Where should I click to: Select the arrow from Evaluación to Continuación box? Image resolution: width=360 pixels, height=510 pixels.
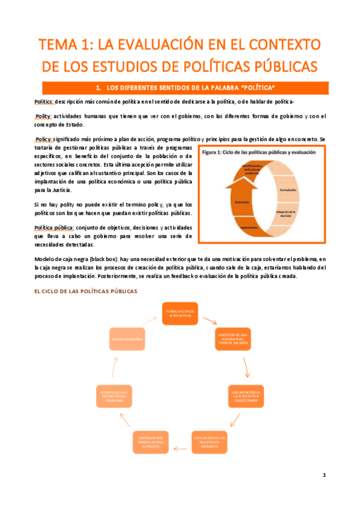click(180, 447)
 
